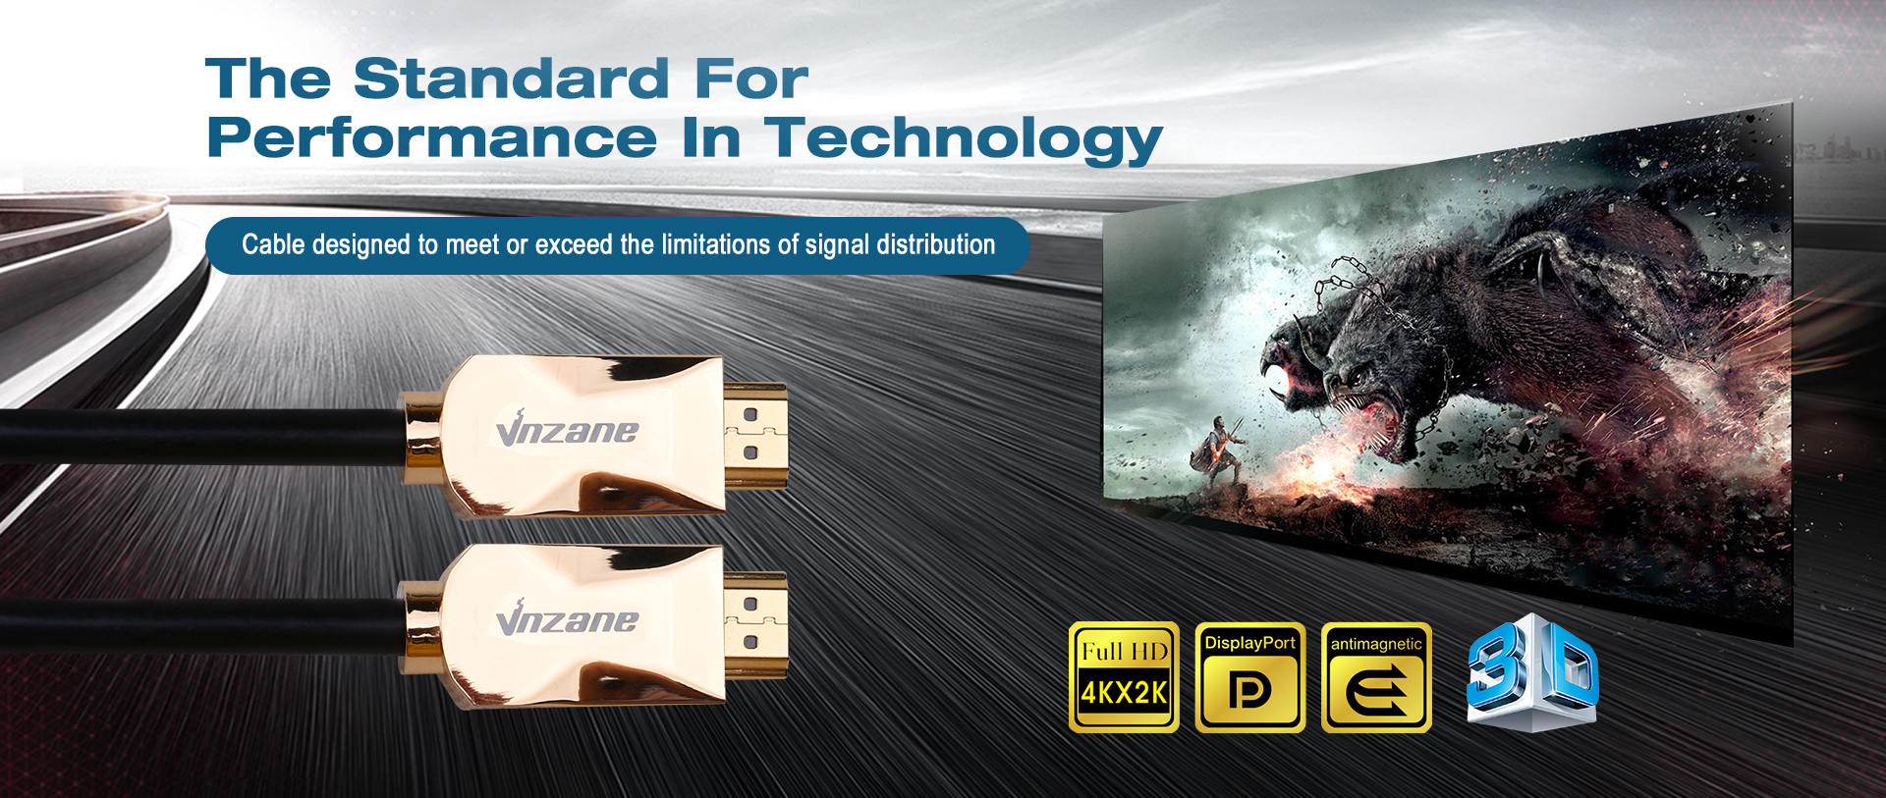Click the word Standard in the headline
point(511,79)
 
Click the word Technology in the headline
point(964,139)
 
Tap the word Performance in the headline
point(432,137)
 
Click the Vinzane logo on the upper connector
point(567,429)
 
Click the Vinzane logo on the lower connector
point(567,618)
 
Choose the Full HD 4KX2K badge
point(1124,677)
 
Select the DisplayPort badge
point(1250,677)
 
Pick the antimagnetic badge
point(1376,677)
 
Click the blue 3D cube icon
point(1532,673)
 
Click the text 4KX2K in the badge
point(1124,694)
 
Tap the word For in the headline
point(751,79)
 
